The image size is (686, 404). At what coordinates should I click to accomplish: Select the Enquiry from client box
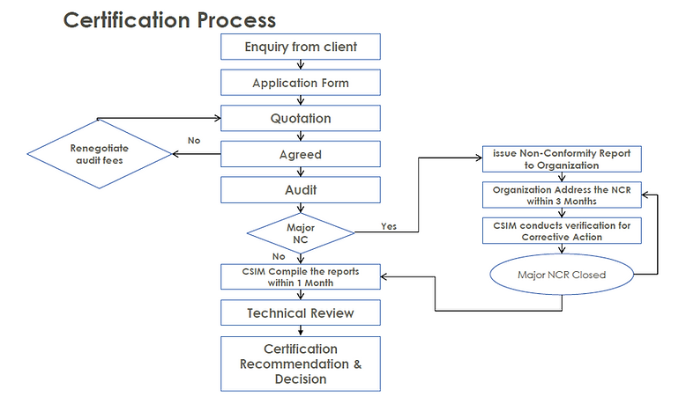(301, 47)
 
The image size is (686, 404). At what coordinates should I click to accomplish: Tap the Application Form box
(301, 83)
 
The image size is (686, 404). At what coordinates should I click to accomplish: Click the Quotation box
(301, 118)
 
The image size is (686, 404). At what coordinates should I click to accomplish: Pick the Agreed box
(301, 154)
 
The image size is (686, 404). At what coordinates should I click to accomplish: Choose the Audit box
(301, 189)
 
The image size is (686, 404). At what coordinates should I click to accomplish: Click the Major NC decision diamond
(301, 232)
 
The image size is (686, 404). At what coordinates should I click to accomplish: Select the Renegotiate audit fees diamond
(99, 154)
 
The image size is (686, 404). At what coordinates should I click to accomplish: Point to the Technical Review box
(301, 312)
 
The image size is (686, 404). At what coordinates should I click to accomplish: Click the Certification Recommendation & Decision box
(301, 364)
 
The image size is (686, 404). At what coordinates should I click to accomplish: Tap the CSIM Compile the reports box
(301, 275)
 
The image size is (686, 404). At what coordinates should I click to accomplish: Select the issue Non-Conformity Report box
(562, 159)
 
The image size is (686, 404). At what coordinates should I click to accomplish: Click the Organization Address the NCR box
(562, 195)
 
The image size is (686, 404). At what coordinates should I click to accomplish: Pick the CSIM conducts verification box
(562, 231)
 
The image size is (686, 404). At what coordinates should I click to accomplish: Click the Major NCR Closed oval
(562, 275)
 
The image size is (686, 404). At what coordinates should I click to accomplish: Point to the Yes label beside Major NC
(388, 226)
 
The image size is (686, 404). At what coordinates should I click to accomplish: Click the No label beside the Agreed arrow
(193, 140)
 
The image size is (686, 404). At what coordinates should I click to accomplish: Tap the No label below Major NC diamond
(279, 256)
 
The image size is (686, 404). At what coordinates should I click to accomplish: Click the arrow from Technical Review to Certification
(301, 331)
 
